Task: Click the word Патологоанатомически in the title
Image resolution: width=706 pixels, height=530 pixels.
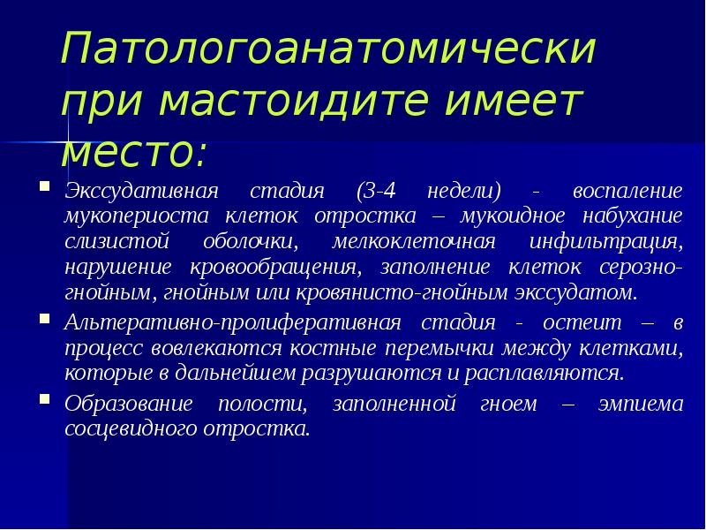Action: [x=328, y=49]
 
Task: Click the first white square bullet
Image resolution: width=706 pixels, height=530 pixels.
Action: [x=44, y=188]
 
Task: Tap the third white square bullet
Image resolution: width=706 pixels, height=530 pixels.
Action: [x=44, y=401]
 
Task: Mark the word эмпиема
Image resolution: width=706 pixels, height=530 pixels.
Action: [x=639, y=405]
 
